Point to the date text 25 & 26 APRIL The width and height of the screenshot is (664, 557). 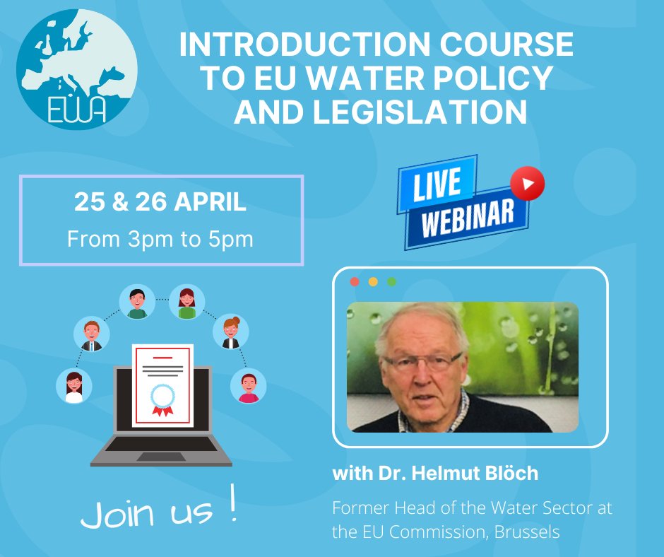(x=160, y=203)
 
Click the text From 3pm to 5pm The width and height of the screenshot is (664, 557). (x=160, y=238)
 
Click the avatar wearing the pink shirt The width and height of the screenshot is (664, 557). (x=249, y=386)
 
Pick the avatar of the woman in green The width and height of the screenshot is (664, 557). (x=187, y=302)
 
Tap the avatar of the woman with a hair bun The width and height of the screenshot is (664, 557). (x=231, y=332)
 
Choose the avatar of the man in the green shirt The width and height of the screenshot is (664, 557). (x=137, y=302)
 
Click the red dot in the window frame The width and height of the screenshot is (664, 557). (x=355, y=281)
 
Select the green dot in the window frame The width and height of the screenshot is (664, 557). (x=391, y=281)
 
